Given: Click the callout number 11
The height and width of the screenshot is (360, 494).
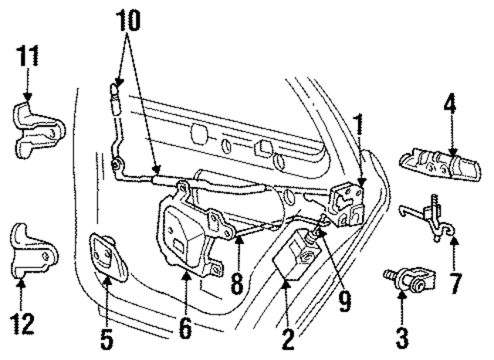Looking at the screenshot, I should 29,57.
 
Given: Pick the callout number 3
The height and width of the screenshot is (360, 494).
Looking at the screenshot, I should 402,336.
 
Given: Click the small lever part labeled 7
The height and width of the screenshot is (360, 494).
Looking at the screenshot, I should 431,216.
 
